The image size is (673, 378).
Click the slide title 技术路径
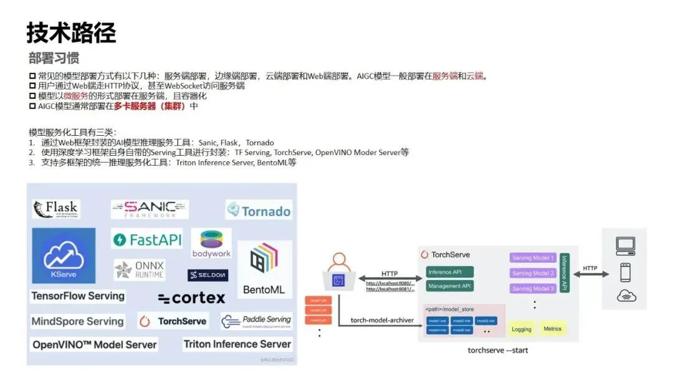click(71, 32)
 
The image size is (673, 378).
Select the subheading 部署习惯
click(54, 59)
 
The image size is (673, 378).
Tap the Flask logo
click(56, 209)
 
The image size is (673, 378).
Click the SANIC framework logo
click(150, 209)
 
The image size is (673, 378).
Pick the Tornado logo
click(259, 210)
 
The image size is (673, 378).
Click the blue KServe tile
click(64, 255)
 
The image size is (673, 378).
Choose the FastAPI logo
click(147, 240)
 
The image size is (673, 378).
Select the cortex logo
click(191, 298)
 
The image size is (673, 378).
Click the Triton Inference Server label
click(237, 344)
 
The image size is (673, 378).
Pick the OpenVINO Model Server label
click(95, 344)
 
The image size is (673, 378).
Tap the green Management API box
click(450, 286)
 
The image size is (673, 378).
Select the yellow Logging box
click(522, 329)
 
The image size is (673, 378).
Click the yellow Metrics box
click(552, 329)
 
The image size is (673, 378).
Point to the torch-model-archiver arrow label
click(382, 320)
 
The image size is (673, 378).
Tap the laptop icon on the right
click(625, 246)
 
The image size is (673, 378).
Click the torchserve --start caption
click(498, 351)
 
